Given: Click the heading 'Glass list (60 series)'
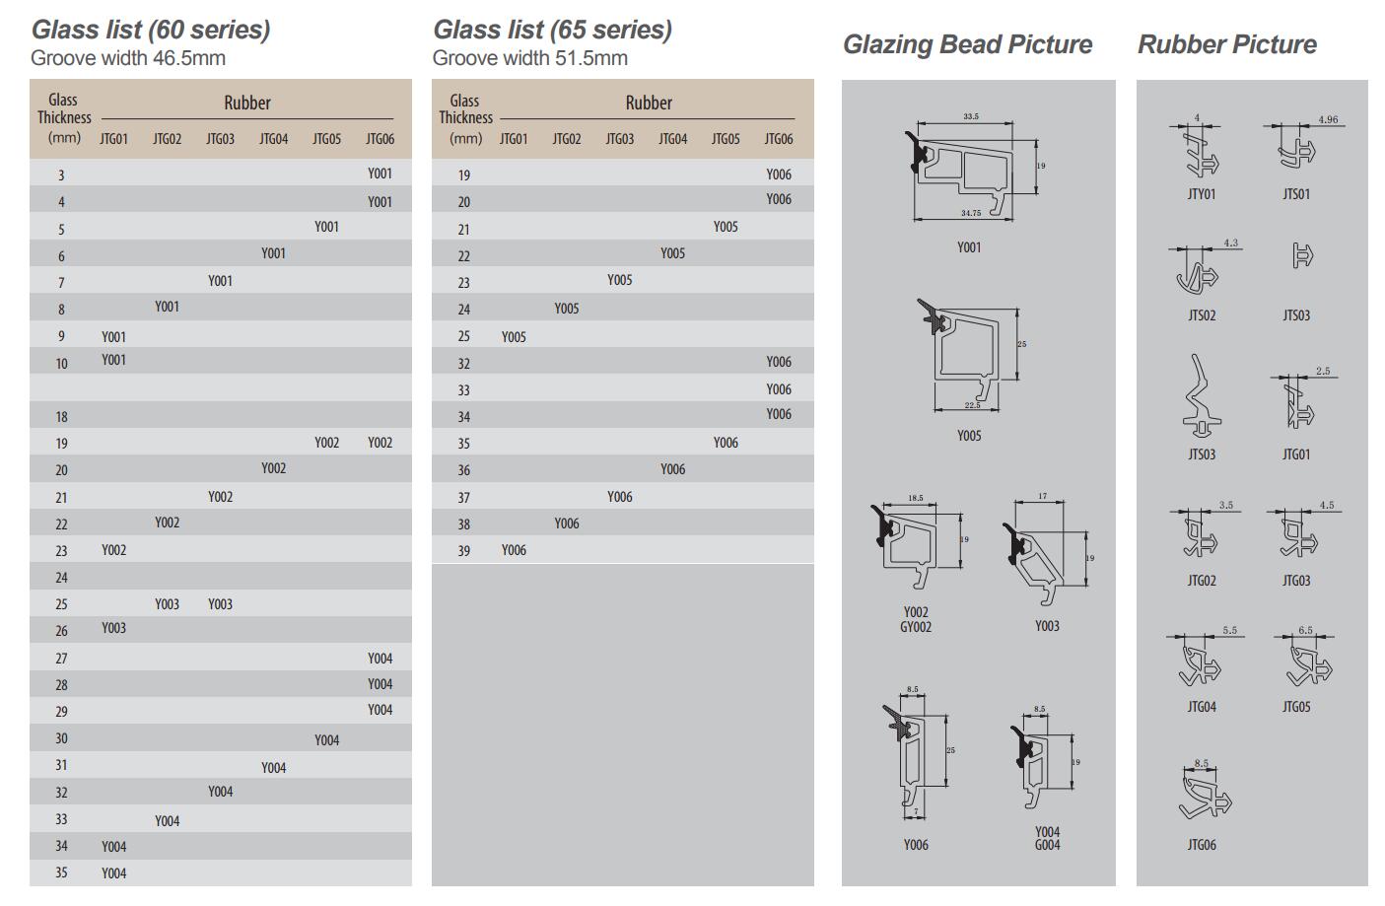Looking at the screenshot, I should [150, 30].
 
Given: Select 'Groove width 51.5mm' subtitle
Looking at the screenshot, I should [529, 58].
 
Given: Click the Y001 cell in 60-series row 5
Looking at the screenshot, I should [326, 227].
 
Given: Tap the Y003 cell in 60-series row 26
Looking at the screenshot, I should [113, 628].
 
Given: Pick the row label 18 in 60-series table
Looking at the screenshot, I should [61, 417].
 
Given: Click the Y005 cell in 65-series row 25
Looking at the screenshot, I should [514, 337].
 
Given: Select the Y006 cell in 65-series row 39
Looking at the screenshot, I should [514, 550].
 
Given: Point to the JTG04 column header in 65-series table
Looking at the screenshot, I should [672, 139].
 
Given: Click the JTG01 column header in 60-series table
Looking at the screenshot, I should [113, 139].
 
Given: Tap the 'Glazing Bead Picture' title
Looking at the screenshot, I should [967, 44].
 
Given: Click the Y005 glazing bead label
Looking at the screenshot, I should [969, 436].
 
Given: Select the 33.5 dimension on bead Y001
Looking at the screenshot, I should [971, 117].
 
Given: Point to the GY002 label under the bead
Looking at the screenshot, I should [915, 627].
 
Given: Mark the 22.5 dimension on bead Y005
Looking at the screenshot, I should [972, 405].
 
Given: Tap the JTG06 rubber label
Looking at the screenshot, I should [1201, 845].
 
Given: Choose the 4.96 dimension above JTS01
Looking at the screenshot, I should [1327, 120].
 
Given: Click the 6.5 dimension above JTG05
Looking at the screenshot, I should [1305, 630].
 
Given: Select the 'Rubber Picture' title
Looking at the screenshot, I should [1226, 44].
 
